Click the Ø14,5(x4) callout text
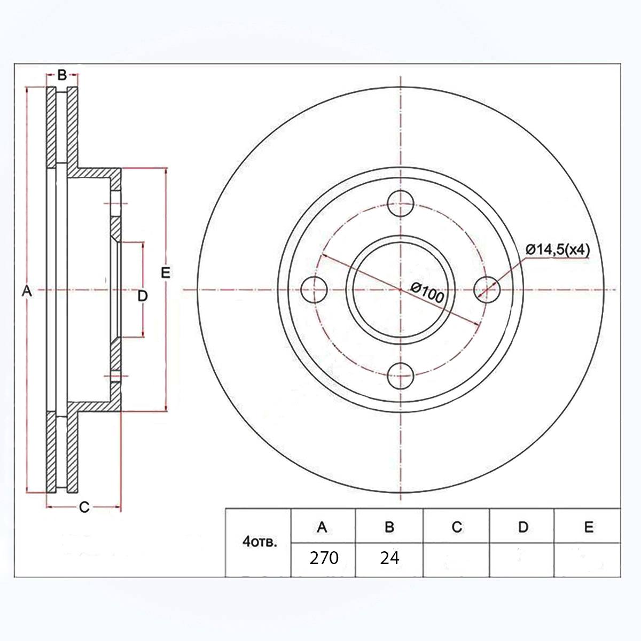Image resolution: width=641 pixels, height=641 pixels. pyautogui.click(x=558, y=249)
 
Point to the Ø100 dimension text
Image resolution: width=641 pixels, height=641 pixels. pyautogui.click(x=427, y=293)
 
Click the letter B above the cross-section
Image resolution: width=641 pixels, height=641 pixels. pyautogui.click(x=62, y=75)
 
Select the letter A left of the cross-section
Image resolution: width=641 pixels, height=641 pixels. pyautogui.click(x=27, y=292)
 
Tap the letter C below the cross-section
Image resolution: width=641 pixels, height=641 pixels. pyautogui.click(x=84, y=507)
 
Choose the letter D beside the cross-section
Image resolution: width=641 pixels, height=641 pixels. pyautogui.click(x=143, y=296)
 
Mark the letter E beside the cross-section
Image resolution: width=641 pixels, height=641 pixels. pyautogui.click(x=166, y=273)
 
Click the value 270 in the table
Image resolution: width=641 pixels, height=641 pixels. pyautogui.click(x=324, y=558)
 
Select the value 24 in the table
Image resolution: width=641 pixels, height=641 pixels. pyautogui.click(x=389, y=558)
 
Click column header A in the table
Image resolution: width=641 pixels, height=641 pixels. pyautogui.click(x=322, y=527)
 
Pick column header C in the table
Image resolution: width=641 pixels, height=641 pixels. pyautogui.click(x=457, y=527)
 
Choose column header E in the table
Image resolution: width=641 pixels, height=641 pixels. pyautogui.click(x=589, y=527)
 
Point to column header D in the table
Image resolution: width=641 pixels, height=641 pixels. pyautogui.click(x=523, y=527)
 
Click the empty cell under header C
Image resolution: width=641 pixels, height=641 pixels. pyautogui.click(x=456, y=560)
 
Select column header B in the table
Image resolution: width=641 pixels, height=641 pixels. pyautogui.click(x=389, y=527)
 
